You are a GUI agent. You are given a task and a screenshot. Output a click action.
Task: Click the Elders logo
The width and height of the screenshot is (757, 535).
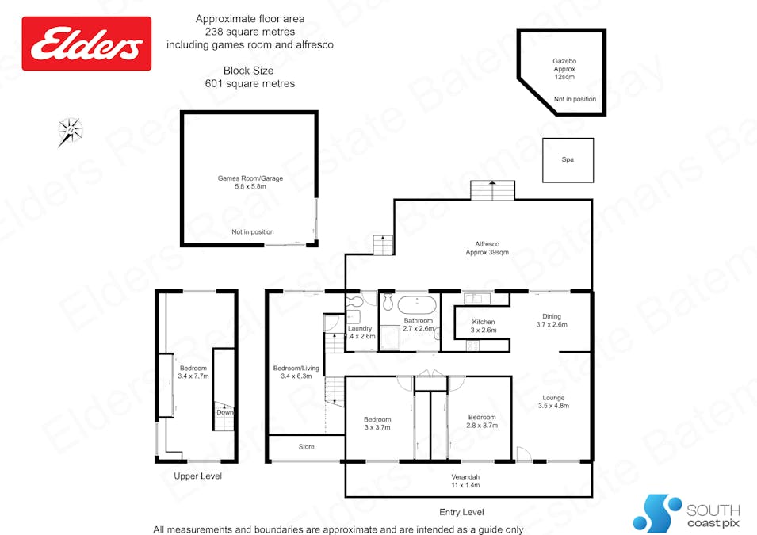[86, 44]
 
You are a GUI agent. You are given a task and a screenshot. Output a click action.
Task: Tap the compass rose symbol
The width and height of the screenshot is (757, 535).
[70, 130]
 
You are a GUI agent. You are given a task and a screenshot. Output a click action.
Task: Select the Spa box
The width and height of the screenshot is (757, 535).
[568, 159]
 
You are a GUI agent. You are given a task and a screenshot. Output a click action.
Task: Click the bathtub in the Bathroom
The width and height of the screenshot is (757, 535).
[417, 306]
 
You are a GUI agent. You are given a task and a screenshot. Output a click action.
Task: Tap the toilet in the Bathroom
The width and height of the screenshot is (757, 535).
[388, 304]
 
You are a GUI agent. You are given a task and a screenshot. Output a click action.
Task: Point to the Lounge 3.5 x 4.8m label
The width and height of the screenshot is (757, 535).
[553, 402]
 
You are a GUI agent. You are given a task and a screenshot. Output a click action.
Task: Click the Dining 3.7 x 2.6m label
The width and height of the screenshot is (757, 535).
[551, 319]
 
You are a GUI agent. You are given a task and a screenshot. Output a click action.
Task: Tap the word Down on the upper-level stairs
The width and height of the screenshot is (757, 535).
[225, 412]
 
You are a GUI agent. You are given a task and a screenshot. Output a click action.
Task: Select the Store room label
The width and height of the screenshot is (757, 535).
[306, 447]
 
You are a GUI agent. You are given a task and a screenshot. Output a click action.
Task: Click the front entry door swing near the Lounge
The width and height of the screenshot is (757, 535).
[522, 454]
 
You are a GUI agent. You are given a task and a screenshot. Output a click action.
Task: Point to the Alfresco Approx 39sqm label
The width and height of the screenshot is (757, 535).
[487, 248]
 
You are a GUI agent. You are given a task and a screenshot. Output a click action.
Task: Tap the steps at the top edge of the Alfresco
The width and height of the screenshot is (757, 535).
[492, 190]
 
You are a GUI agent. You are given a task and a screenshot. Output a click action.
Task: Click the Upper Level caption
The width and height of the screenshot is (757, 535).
[197, 476]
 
